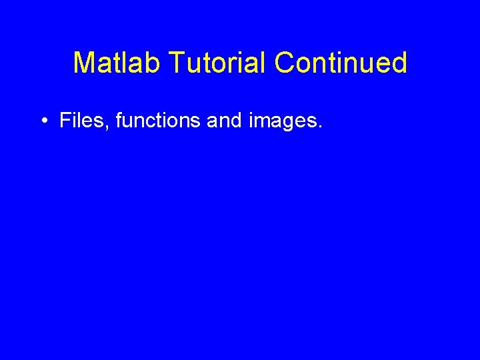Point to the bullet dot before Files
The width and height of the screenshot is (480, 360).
[x=43, y=122]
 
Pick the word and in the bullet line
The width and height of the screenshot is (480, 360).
[x=222, y=121]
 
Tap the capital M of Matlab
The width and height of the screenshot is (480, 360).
[x=83, y=63]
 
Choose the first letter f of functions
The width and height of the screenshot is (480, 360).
[x=119, y=121]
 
